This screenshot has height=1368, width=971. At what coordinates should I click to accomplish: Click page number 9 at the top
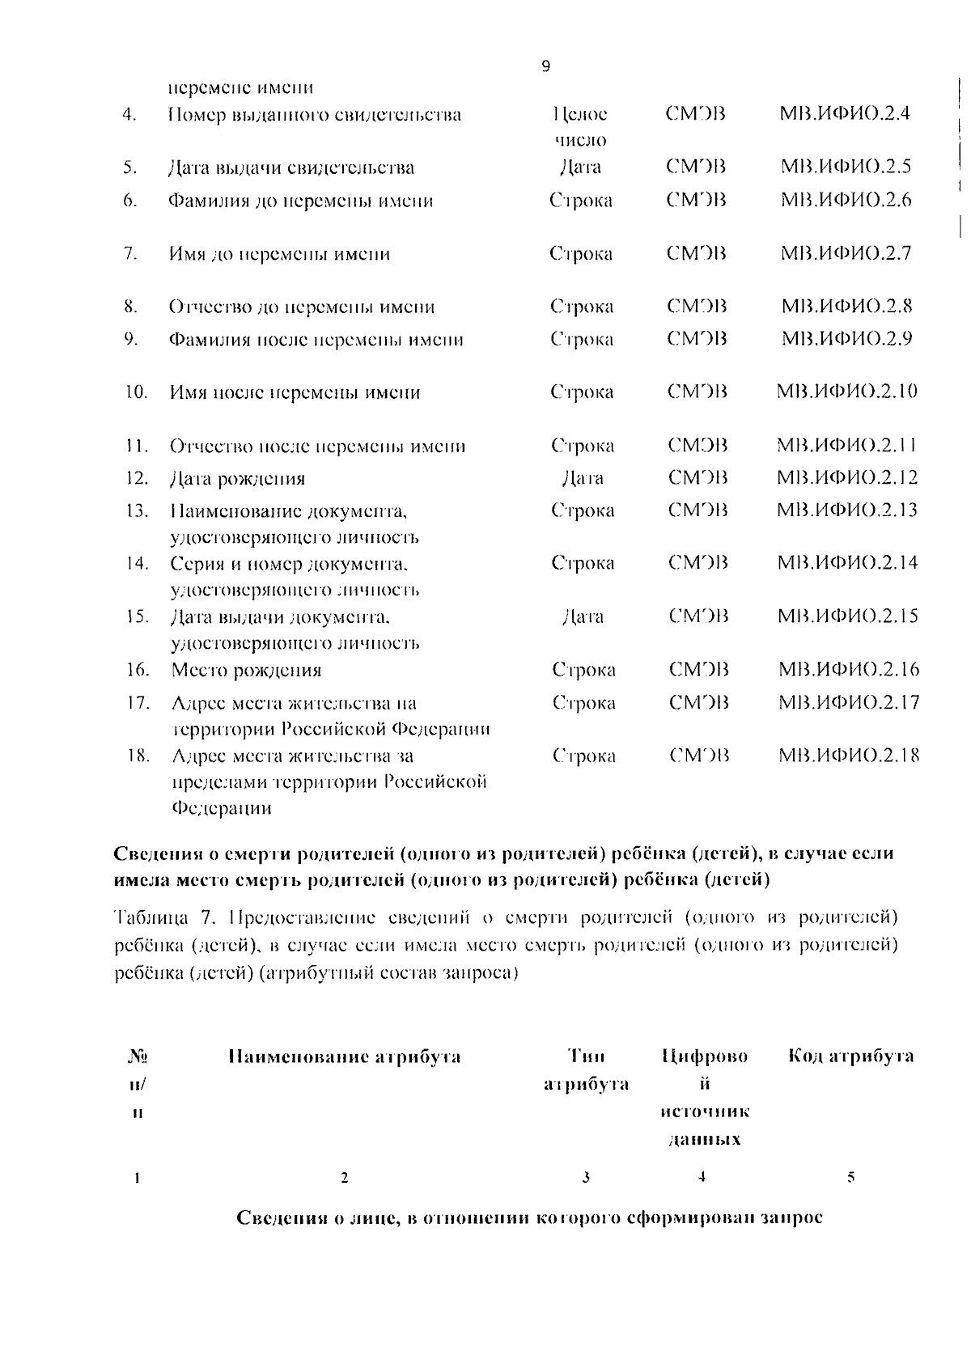click(x=545, y=67)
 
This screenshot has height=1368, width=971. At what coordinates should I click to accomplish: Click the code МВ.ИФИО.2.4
click(x=844, y=114)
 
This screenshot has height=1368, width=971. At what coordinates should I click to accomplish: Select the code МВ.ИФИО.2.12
click(x=846, y=477)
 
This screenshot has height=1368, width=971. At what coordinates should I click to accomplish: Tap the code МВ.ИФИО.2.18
click(x=848, y=756)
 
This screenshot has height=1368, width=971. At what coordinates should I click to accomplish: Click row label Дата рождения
click(x=237, y=479)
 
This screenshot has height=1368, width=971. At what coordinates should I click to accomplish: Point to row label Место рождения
click(x=246, y=670)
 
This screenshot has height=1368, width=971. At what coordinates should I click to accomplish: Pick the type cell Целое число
click(x=580, y=127)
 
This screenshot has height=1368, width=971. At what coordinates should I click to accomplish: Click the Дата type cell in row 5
click(x=580, y=167)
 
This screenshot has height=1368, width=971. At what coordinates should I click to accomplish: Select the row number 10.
click(x=136, y=393)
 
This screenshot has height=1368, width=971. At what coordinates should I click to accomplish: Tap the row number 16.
click(x=138, y=670)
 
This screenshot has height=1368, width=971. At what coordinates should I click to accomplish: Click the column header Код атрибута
click(x=850, y=1056)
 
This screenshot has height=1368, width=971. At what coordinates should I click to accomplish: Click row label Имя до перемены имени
click(x=278, y=254)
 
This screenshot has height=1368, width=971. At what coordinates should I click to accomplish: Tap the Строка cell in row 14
click(x=583, y=563)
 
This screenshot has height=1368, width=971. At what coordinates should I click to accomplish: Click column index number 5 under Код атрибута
click(x=850, y=1178)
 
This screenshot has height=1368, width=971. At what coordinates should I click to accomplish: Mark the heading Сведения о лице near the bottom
click(x=529, y=1218)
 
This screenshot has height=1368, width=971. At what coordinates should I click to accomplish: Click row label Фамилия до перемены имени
click(x=300, y=201)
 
